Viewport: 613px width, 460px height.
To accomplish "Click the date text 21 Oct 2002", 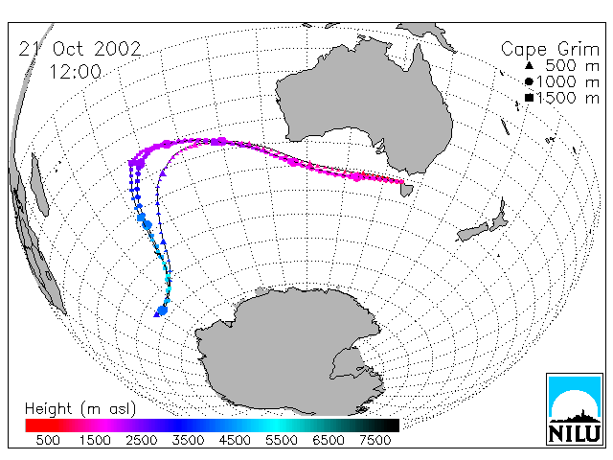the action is pos(79,49).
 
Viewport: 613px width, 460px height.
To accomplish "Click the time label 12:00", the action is pos(76,72).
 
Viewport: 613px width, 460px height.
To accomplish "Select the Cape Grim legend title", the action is pos(550,50).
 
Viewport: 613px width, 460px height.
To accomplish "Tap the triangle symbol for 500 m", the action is pos(529,65).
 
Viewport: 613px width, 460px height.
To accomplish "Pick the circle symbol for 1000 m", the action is pos(529,81).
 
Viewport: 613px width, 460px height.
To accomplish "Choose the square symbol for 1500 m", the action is pos(529,98).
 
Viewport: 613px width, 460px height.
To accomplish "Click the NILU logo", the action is pos(575,409).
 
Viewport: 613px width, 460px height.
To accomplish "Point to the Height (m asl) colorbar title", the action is pos(80,409).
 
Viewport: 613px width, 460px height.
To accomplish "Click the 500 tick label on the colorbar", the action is pos(48,440).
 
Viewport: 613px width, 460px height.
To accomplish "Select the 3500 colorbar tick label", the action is pos(188,440).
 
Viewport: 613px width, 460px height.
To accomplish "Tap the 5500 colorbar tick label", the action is pos(281,440).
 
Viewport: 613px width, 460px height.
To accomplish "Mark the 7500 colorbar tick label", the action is pos(375,440).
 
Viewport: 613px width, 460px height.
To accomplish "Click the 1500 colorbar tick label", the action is pos(95,440).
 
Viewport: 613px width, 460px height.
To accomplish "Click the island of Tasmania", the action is pos(406,191).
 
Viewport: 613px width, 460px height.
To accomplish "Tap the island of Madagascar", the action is pos(40,184).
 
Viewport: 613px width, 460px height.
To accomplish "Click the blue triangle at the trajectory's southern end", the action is pos(157,313).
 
